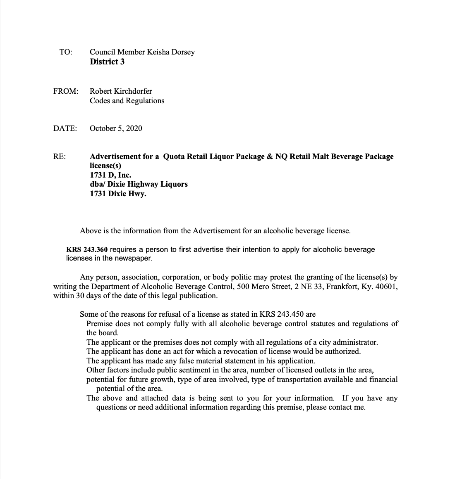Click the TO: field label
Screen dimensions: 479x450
click(66, 52)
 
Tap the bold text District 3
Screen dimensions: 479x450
click(107, 62)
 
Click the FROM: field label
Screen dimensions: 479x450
click(66, 91)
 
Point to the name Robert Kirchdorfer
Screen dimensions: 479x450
click(121, 91)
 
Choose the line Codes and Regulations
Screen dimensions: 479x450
click(127, 101)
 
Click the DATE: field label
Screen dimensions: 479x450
click(65, 128)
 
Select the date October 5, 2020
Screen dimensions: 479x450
click(116, 128)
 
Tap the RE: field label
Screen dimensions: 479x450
click(60, 157)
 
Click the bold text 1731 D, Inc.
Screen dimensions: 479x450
click(110, 175)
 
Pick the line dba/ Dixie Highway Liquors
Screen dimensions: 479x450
click(139, 184)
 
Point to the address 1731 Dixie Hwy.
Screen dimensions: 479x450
click(118, 193)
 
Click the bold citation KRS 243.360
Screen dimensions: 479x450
click(87, 250)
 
